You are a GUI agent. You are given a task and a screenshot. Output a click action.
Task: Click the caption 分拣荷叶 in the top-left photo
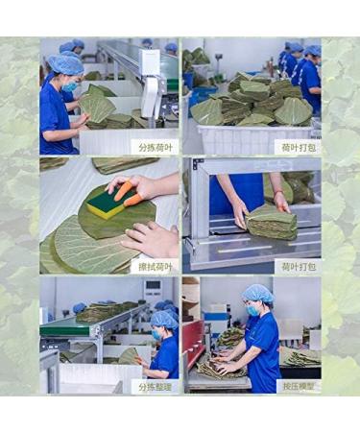(156, 147)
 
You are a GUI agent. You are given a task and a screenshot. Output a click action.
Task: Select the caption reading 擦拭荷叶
(156, 266)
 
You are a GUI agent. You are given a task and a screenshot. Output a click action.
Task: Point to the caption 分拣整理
(156, 386)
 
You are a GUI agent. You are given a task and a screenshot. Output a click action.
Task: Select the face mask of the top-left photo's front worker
(69, 85)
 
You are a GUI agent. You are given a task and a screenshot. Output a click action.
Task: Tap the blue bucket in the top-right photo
(204, 94)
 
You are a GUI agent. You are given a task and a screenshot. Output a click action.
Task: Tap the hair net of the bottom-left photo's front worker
(164, 318)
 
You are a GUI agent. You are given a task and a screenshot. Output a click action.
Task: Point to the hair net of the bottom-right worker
(257, 293)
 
